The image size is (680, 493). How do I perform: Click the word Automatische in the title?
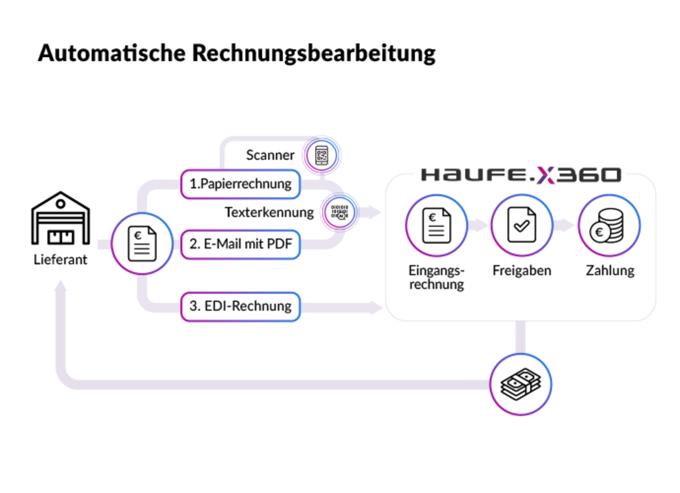112,53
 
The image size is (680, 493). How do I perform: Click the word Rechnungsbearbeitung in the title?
314,54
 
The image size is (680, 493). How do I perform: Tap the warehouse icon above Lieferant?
61,218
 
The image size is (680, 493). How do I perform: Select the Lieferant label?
60,260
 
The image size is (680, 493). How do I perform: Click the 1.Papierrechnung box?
240,184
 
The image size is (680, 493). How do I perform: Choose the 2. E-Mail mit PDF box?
240,244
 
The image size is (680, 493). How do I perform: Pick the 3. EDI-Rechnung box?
240,306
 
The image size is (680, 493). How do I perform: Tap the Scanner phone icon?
322,155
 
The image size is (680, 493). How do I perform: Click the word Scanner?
270,155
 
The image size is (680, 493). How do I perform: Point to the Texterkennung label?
269,212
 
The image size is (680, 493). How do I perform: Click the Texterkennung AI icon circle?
339,212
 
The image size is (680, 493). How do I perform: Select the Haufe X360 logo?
521,175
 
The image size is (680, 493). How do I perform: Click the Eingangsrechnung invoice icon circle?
437,225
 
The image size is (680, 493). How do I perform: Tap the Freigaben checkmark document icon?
522,225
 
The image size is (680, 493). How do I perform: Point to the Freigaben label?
522,271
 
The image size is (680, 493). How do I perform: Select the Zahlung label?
610,271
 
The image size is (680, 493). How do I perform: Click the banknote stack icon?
521,384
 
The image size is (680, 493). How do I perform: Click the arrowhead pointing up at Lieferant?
61,286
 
